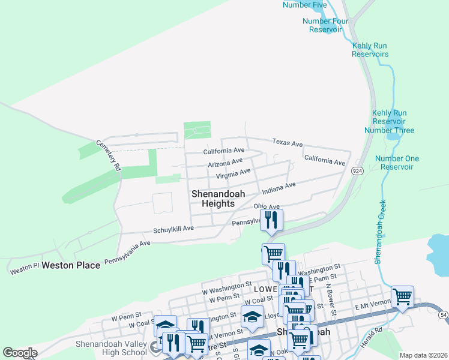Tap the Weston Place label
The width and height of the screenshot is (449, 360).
pyautogui.click(x=71, y=265)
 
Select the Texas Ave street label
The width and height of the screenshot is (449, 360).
pyautogui.click(x=288, y=143)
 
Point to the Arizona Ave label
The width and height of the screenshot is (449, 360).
pyautogui.click(x=225, y=163)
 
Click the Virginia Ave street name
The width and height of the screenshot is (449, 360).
pyautogui.click(x=233, y=175)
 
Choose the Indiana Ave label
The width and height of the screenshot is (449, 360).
pyautogui.click(x=279, y=188)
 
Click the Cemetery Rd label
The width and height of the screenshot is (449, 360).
pyautogui.click(x=109, y=155)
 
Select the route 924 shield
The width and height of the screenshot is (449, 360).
pyautogui.click(x=358, y=171)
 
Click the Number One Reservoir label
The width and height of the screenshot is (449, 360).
pyautogui.click(x=396, y=163)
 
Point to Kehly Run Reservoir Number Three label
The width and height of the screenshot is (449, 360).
pyautogui.click(x=393, y=121)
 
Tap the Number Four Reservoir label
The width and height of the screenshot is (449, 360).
pyautogui.click(x=325, y=25)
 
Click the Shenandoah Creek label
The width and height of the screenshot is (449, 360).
pyautogui.click(x=379, y=230)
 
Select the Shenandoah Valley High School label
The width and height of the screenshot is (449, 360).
pyautogui.click(x=111, y=348)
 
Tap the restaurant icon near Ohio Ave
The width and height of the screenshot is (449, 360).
pyautogui.click(x=272, y=221)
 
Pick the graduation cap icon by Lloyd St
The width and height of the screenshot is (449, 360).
pyautogui.click(x=253, y=316)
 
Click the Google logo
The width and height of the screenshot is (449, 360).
pyautogui.click(x=20, y=353)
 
